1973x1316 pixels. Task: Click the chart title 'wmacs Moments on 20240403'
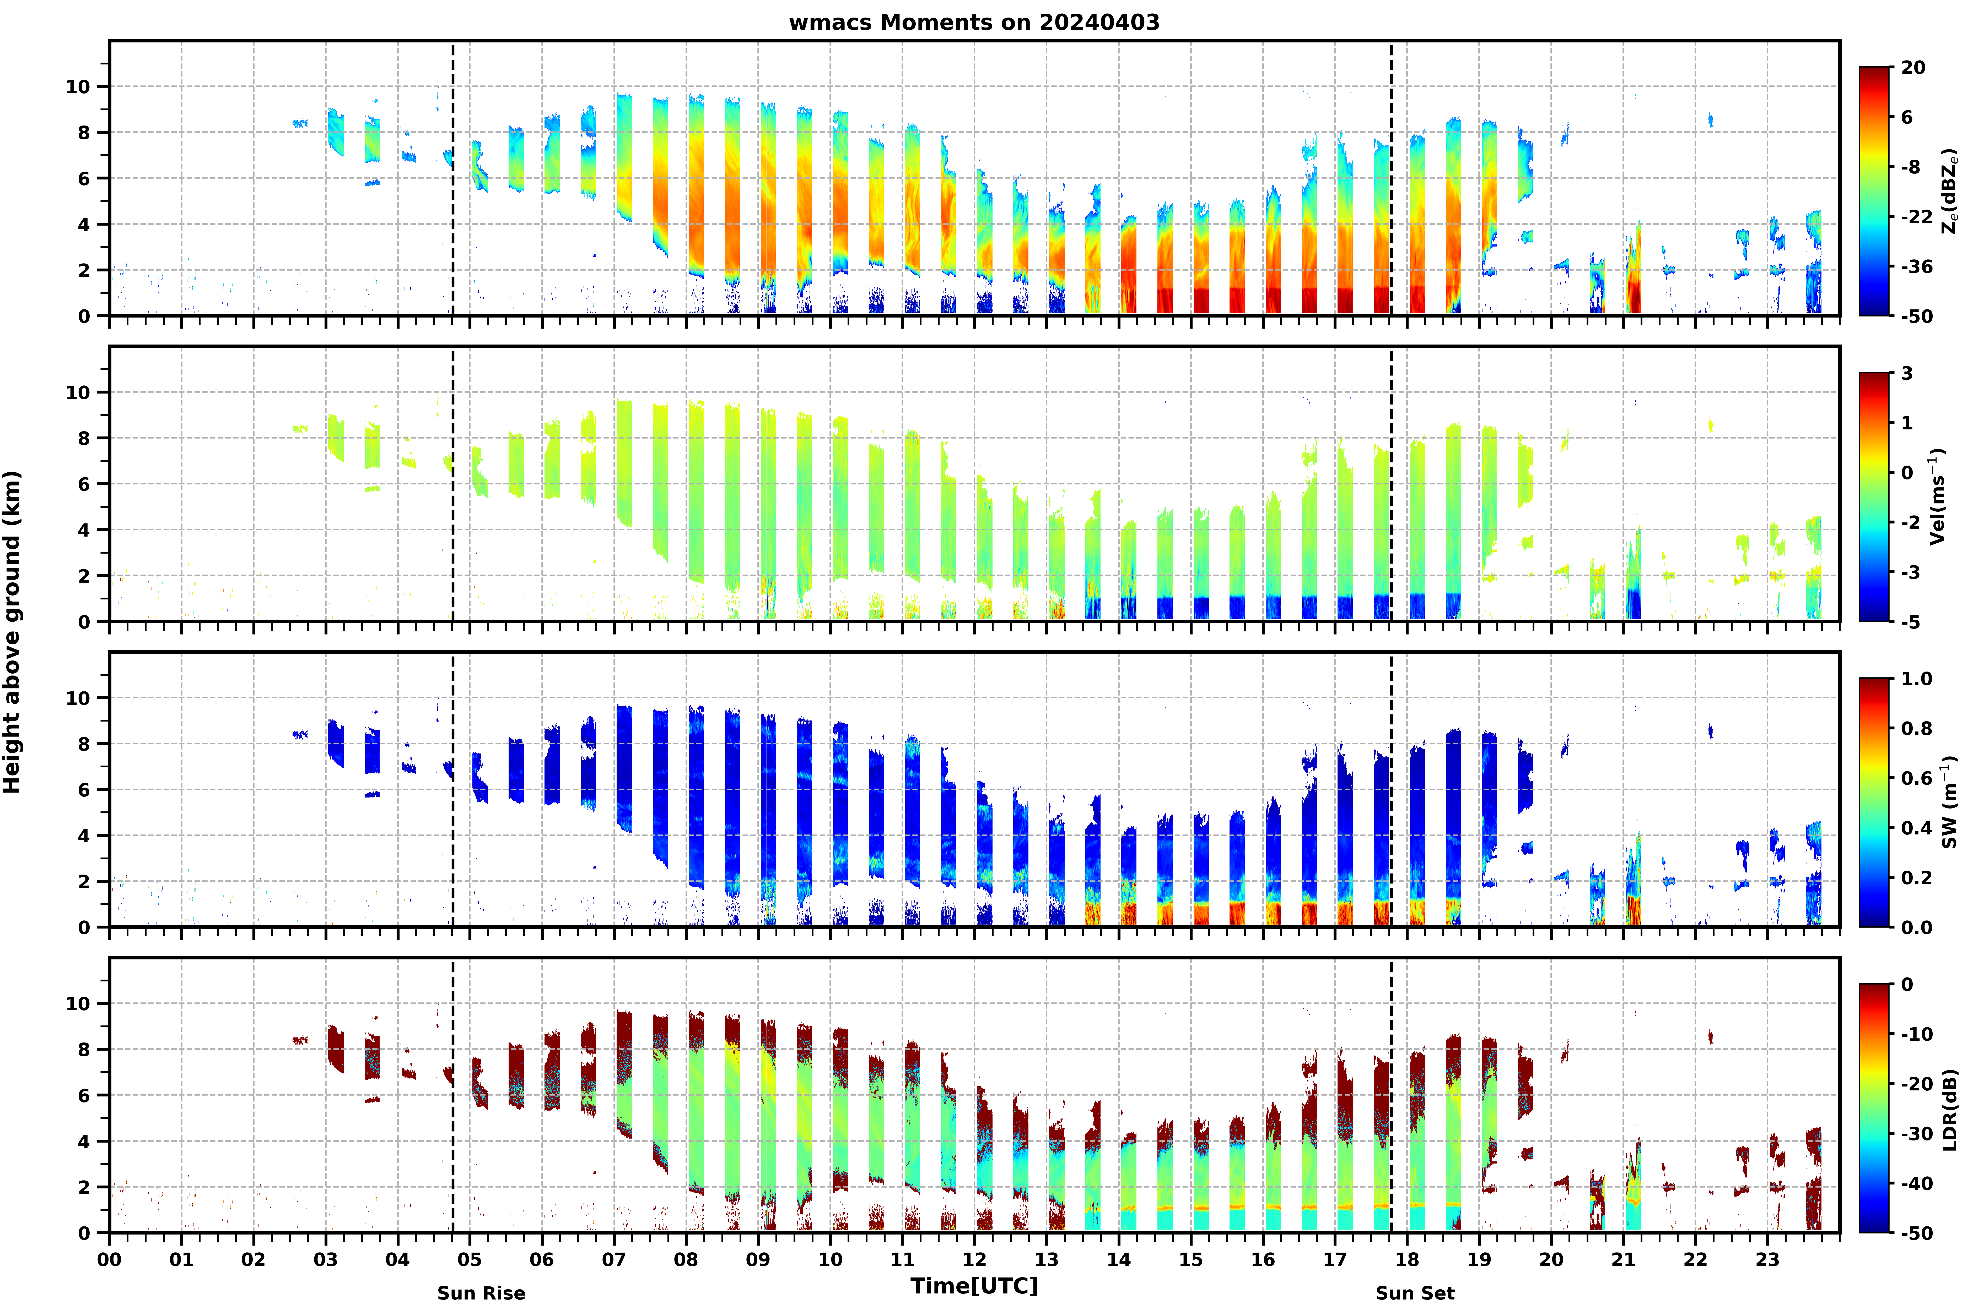click(x=974, y=23)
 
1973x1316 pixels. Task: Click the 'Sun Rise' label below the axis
click(x=481, y=1293)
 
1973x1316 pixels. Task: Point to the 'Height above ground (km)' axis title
click(x=12, y=632)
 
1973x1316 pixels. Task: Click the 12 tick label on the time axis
click(x=975, y=1260)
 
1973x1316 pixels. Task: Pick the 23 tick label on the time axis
click(x=1767, y=1260)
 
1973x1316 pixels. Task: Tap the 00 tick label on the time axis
click(x=109, y=1260)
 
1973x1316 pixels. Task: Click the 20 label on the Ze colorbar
click(x=1913, y=68)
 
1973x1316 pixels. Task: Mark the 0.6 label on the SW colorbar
click(x=1917, y=778)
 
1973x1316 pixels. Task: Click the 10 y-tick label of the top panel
click(x=77, y=86)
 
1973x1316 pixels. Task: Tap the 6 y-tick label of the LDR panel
click(x=84, y=1095)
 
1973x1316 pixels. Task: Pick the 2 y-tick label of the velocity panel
click(x=84, y=576)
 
